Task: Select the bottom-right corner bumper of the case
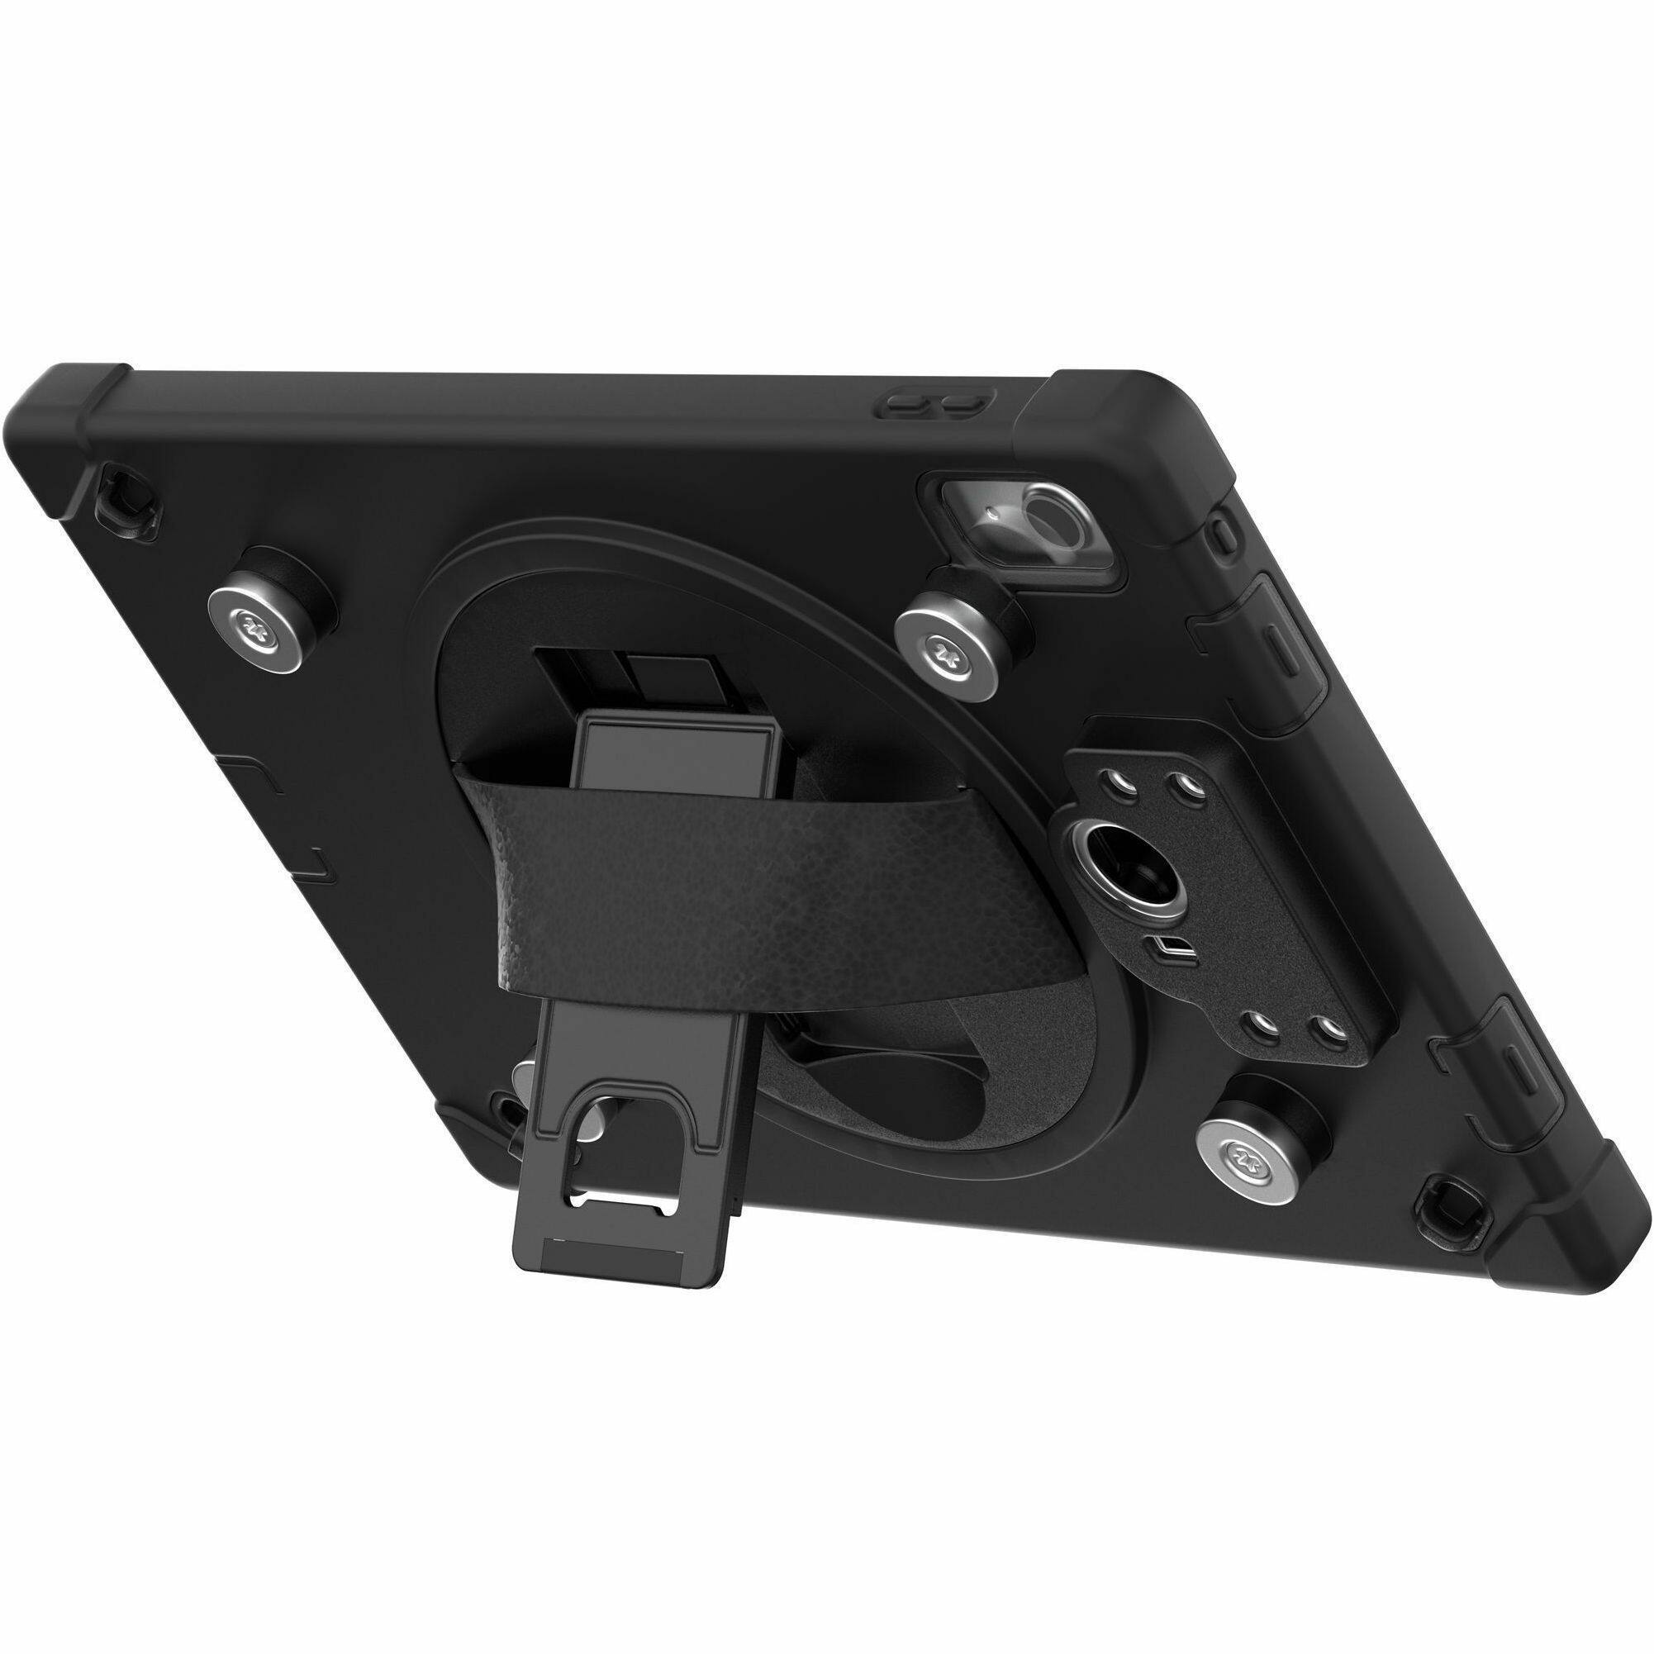click(1541, 1233)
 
